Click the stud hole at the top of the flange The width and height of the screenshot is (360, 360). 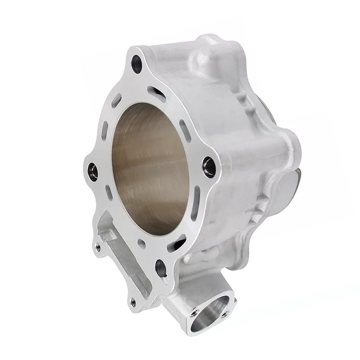[x=137, y=64]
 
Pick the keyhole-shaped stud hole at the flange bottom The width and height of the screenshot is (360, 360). [x=161, y=268]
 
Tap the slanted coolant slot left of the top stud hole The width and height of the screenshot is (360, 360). [x=116, y=100]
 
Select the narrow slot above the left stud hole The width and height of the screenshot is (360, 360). [x=104, y=131]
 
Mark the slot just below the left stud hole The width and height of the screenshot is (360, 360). [x=109, y=193]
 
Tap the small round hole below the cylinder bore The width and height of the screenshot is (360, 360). [x=142, y=244]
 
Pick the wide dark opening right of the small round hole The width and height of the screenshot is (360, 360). [x=176, y=244]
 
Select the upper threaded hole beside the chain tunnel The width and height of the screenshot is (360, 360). [x=98, y=247]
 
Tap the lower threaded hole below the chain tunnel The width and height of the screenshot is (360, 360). [x=133, y=302]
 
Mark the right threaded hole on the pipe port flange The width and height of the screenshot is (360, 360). [x=225, y=314]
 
